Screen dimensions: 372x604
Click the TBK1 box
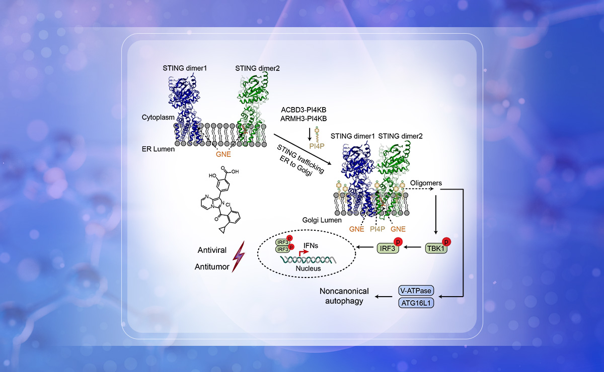436,248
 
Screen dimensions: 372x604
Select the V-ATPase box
415,291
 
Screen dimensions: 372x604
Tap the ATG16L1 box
415,303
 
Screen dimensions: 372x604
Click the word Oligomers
426,183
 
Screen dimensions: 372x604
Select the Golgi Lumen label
323,220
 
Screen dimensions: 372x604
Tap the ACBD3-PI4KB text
307,109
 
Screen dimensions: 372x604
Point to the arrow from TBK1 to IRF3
413,248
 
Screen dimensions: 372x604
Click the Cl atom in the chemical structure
229,205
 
